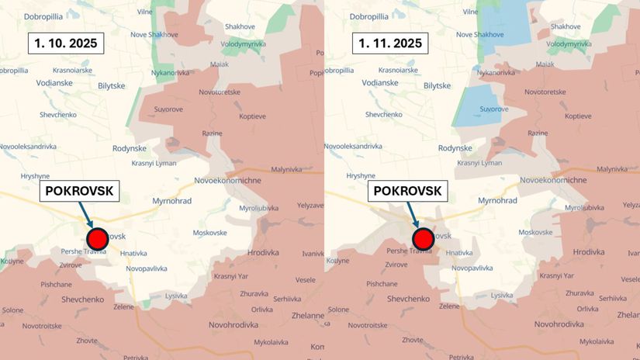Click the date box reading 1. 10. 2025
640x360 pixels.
point(65,43)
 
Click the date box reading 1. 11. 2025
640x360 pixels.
point(390,43)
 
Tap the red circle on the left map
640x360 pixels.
point(97,237)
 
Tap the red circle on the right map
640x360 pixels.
point(423,237)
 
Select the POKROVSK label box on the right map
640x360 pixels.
point(406,190)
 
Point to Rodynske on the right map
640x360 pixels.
point(455,148)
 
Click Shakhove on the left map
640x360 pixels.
point(240,26)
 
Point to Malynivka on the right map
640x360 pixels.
point(612,168)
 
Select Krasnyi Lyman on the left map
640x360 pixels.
point(153,163)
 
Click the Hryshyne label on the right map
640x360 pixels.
point(361,176)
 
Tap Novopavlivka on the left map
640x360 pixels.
point(147,268)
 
